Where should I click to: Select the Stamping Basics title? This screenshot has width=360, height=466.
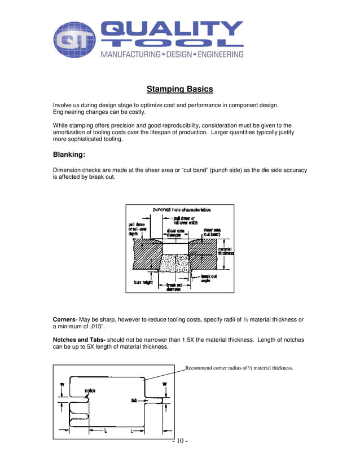pyautogui.click(x=179, y=89)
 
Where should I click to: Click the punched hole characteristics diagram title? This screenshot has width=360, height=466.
pyautogui.click(x=181, y=210)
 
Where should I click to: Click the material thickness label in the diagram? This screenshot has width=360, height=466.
pyautogui.click(x=226, y=251)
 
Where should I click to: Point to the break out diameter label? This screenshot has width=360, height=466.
pyautogui.click(x=174, y=287)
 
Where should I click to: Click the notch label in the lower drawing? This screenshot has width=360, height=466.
pyautogui.click(x=90, y=390)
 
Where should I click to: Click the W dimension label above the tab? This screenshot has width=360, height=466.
pyautogui.click(x=164, y=385)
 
